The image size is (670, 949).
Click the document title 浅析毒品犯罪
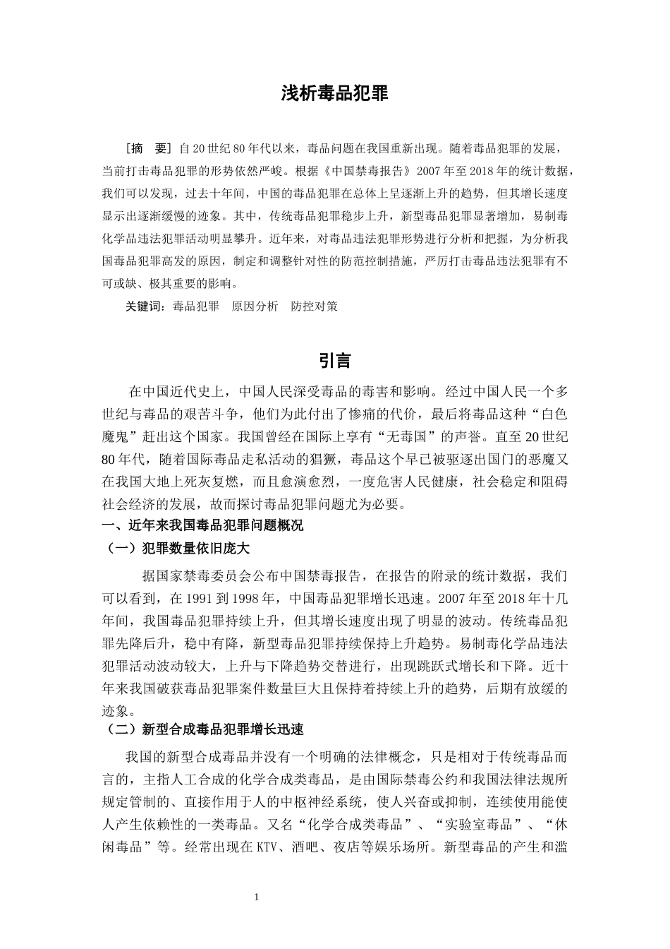[x=334, y=94]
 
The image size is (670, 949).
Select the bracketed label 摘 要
[x=150, y=148]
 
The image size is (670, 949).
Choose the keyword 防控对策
[x=314, y=306]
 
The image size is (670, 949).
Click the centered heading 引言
[x=334, y=360]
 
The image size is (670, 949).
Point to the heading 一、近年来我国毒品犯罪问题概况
[x=203, y=525]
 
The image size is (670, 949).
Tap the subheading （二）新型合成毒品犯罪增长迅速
[x=203, y=729]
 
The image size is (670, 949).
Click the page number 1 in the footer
[x=256, y=897]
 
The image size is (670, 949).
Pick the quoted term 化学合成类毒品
[x=360, y=824]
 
